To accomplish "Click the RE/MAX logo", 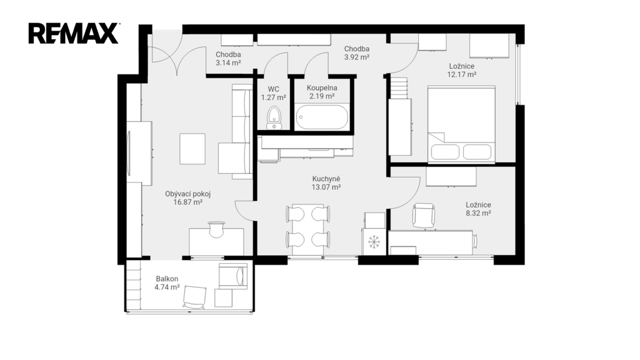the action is point(74,34).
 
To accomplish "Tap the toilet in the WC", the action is point(274,117).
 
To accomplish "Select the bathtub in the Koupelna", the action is point(322,117).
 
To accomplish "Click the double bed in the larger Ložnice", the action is point(461,124).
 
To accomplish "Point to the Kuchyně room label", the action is point(326,179).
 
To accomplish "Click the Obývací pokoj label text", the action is point(187,194).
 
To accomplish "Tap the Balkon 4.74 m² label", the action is point(167,283).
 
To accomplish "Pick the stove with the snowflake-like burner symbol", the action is point(374,242).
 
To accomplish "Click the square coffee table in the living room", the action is point(192,149).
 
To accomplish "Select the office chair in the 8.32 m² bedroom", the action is point(423,215).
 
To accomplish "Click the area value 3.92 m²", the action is point(357,57).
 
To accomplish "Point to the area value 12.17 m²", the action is point(462,74).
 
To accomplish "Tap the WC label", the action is point(274,89).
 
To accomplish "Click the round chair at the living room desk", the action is point(216,229).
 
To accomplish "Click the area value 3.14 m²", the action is point(228,63).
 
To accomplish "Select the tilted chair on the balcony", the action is point(194,297).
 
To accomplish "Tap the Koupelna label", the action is point(322,87).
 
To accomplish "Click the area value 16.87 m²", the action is point(188,202).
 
